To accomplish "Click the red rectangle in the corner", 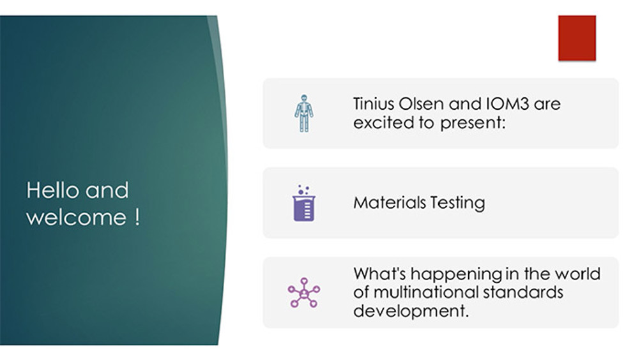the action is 577,38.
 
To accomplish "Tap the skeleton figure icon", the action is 304,114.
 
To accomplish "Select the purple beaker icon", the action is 304,203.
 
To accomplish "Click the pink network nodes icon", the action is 304,292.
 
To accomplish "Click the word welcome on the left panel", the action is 76,217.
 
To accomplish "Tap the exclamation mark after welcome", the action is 137,217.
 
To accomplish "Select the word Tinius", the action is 373,104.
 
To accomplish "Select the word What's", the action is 379,274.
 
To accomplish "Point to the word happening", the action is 456,274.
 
